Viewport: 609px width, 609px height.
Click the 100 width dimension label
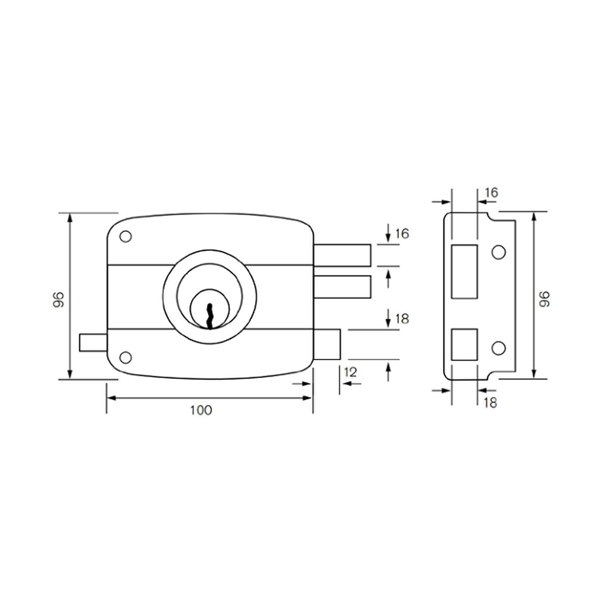tap(201, 410)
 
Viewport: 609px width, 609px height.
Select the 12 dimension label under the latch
tap(350, 372)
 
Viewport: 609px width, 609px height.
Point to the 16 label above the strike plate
tap(491, 192)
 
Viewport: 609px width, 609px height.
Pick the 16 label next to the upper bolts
tap(401, 233)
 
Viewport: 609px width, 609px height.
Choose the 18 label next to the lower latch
tap(401, 319)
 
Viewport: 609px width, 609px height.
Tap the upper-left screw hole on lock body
tap(125, 237)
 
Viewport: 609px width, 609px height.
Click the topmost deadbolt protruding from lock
tap(343, 255)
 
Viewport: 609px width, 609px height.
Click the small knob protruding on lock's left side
tap(92, 343)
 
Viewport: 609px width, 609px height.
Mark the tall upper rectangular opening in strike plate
tap(464, 272)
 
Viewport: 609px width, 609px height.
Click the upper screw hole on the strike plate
tap(498, 252)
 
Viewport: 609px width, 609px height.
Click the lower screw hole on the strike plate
tap(498, 348)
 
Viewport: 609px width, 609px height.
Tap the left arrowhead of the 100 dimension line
tap(110, 398)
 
